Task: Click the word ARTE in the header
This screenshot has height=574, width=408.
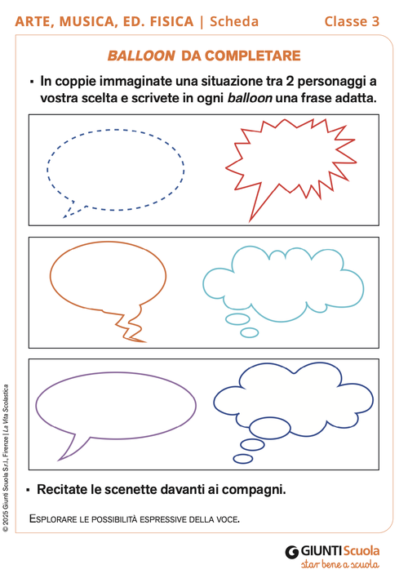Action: (x=36, y=22)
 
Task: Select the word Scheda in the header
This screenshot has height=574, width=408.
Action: (x=235, y=22)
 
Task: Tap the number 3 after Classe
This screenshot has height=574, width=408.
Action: (x=375, y=22)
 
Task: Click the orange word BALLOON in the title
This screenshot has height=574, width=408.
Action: (x=141, y=56)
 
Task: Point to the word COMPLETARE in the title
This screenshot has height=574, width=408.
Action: (x=254, y=56)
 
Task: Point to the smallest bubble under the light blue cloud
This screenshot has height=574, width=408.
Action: (x=249, y=332)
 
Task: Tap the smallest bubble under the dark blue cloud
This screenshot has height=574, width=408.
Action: (x=243, y=458)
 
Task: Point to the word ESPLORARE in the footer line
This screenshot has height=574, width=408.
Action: (x=58, y=518)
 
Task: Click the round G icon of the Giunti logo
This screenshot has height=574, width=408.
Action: (x=291, y=552)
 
